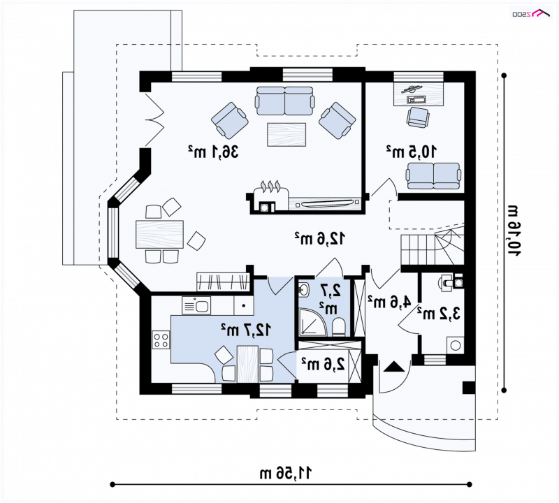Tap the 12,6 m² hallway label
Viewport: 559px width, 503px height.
click(x=319, y=238)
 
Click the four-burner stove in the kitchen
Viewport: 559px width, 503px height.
click(x=161, y=340)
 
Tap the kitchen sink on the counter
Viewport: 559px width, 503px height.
click(x=196, y=305)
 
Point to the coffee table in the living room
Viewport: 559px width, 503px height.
click(x=287, y=133)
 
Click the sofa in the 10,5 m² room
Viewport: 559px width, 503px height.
click(x=433, y=175)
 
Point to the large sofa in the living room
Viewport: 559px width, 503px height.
click(x=284, y=101)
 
